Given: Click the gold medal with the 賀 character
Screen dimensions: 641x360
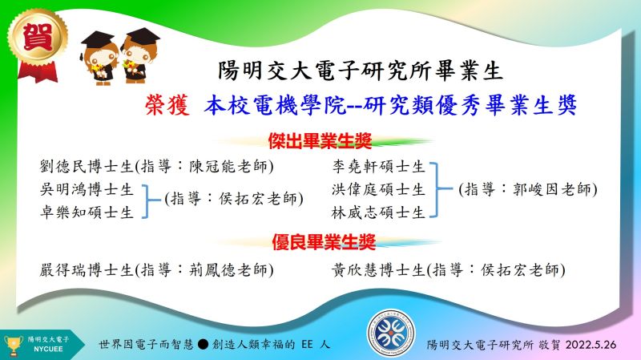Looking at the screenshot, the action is click(x=37, y=38).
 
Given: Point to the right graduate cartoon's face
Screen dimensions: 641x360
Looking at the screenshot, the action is click(x=135, y=54).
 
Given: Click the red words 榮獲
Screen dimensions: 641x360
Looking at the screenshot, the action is click(x=167, y=105).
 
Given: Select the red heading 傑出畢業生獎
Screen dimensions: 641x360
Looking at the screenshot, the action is click(x=320, y=141).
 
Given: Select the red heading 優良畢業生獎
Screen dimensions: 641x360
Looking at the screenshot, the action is click(x=324, y=242).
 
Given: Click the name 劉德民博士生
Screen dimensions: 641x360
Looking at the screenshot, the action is click(x=87, y=167).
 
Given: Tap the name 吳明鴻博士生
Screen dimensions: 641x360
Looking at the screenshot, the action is click(x=87, y=189).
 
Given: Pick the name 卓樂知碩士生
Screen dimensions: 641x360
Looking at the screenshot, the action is click(x=87, y=212).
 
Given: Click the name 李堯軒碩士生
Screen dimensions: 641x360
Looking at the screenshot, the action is click(x=378, y=167).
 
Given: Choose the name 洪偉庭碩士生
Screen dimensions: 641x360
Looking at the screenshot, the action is click(x=378, y=189).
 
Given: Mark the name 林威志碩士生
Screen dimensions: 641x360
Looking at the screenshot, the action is click(x=378, y=212).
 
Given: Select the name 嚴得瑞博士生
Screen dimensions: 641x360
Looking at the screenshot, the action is click(x=87, y=270).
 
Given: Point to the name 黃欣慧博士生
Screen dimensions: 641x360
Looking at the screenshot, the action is click(x=378, y=270).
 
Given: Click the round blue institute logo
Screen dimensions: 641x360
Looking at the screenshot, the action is click(x=391, y=333).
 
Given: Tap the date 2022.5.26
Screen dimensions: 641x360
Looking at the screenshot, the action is click(x=591, y=345).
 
